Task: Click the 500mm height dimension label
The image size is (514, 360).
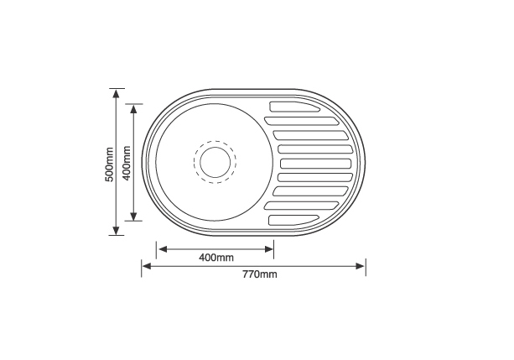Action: pyautogui.click(x=109, y=164)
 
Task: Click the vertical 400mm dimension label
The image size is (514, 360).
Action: pyautogui.click(x=127, y=163)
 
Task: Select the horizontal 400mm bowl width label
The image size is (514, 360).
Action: pyautogui.click(x=216, y=258)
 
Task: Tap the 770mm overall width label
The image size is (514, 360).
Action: pyautogui.click(x=260, y=274)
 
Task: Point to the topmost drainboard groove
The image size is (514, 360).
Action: pyautogui.click(x=294, y=107)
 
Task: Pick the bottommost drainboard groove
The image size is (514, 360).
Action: pyautogui.click(x=293, y=220)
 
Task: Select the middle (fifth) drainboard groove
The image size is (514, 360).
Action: pyautogui.click(x=315, y=164)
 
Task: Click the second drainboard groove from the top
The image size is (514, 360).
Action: pyautogui.click(x=302, y=121)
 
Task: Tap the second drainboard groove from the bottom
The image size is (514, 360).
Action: pyautogui.click(x=302, y=206)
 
